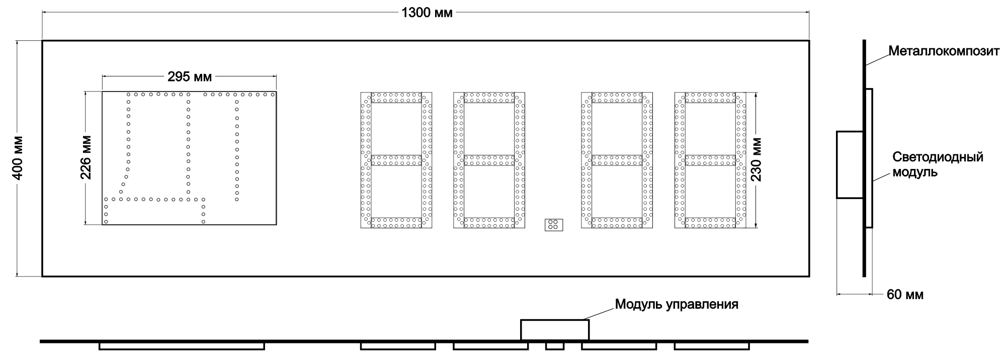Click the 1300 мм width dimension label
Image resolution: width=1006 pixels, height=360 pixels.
point(427,13)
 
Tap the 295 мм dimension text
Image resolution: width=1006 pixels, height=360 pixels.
point(190,77)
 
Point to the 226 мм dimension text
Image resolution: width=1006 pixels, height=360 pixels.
point(86,158)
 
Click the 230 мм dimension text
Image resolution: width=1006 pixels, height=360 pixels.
point(756,159)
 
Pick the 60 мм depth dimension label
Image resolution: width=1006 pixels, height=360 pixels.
point(905,295)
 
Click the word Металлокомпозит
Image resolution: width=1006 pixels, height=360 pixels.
point(944,51)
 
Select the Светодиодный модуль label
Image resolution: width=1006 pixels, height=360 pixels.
point(938,165)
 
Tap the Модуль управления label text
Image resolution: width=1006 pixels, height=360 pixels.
point(677,304)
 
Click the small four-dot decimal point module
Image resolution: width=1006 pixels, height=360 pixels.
point(553,225)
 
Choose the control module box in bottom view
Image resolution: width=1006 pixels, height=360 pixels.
point(554,330)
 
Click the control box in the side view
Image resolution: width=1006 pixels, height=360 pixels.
point(850,165)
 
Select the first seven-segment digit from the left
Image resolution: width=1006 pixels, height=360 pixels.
point(396,160)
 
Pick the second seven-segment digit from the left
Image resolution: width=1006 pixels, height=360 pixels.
point(489,160)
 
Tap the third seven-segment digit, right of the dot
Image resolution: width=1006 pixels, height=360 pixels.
point(617,160)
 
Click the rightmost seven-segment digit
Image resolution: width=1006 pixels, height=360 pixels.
point(710,160)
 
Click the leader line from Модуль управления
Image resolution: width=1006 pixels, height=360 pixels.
point(601,312)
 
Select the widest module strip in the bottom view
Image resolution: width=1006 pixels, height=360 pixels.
point(182,346)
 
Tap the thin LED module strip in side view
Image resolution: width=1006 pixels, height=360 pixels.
point(869,158)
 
